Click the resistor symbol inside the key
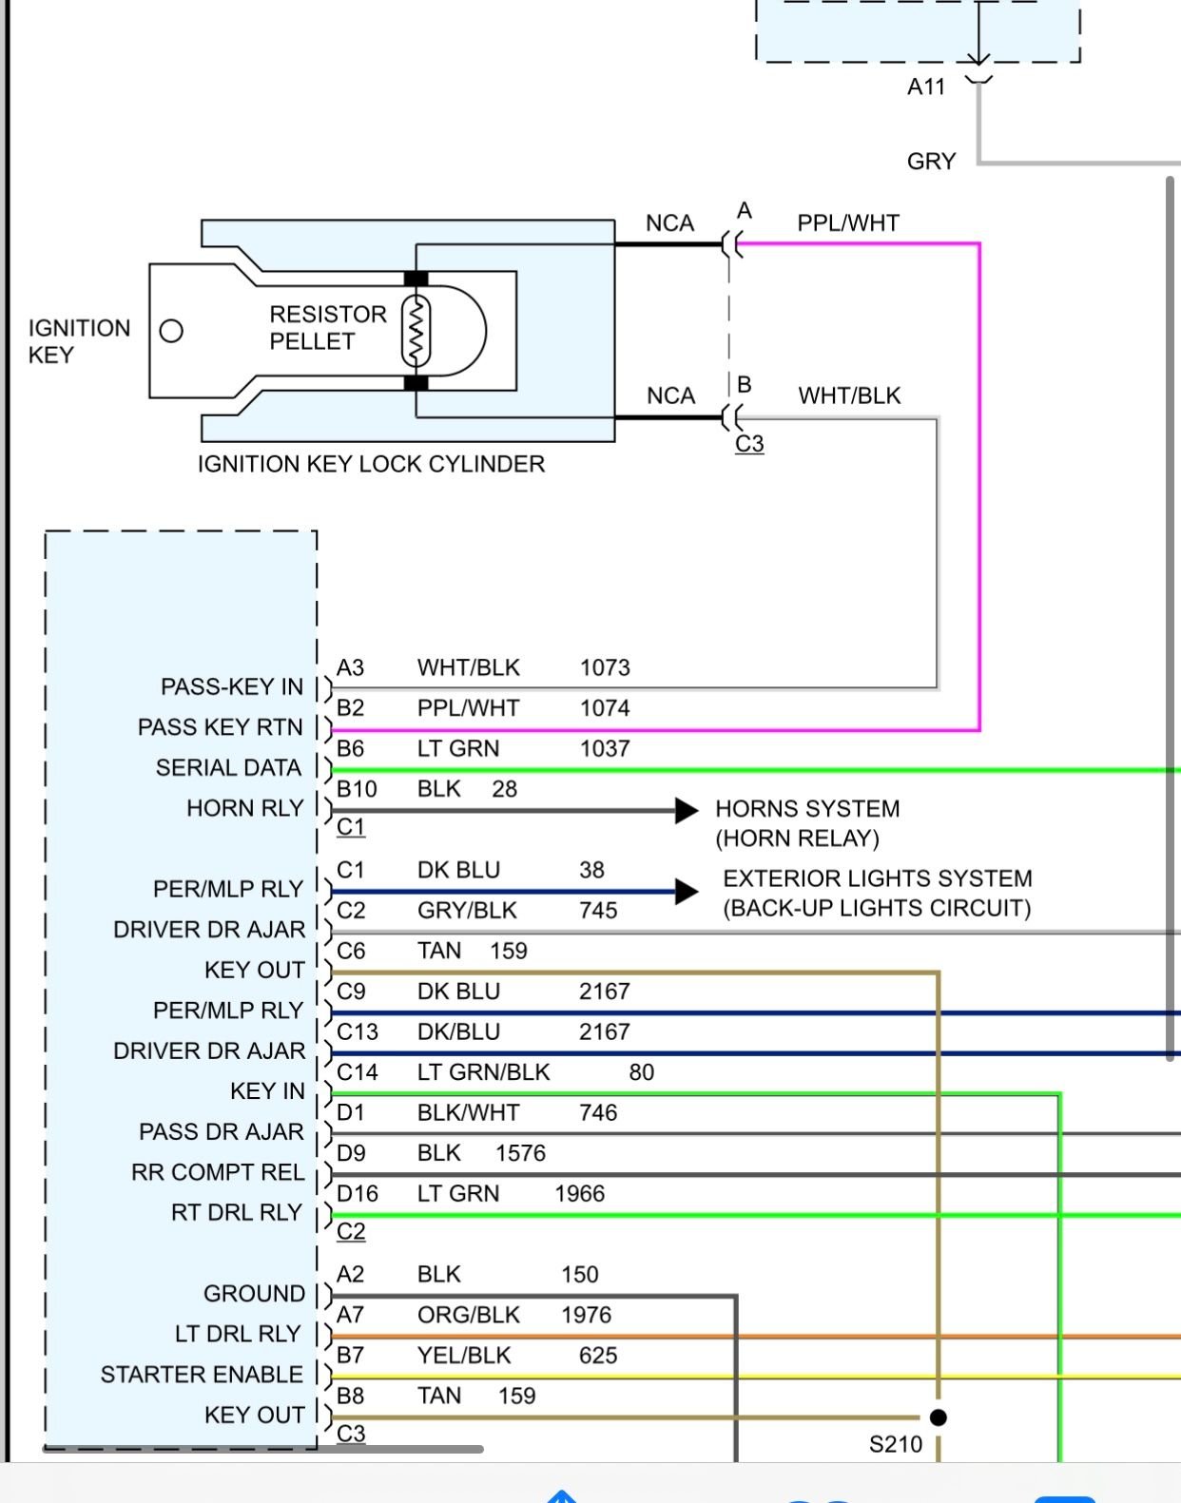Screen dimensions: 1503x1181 (x=416, y=331)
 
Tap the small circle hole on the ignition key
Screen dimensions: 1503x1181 (x=171, y=331)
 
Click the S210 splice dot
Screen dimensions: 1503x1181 (x=938, y=1417)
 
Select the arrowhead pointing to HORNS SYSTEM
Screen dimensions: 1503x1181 (x=687, y=811)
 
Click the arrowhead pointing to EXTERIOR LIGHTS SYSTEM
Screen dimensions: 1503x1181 (x=687, y=892)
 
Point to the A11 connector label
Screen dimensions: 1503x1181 (x=925, y=87)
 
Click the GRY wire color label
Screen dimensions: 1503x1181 (x=931, y=162)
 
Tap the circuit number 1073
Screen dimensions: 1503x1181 (x=605, y=668)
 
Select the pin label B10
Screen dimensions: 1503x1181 (x=357, y=789)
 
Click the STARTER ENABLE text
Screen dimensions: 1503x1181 (x=202, y=1375)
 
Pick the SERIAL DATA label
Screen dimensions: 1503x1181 (x=228, y=768)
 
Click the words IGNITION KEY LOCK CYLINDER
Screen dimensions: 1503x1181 (x=371, y=465)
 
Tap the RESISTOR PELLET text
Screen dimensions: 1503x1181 (x=327, y=327)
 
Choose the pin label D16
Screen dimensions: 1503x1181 (x=357, y=1194)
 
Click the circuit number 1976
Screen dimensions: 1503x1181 (x=586, y=1316)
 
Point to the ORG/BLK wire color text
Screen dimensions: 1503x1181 (x=468, y=1316)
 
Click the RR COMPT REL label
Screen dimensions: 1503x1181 (x=218, y=1173)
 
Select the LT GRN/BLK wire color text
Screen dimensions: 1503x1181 (x=483, y=1072)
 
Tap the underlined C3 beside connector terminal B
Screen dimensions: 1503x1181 (x=749, y=444)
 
